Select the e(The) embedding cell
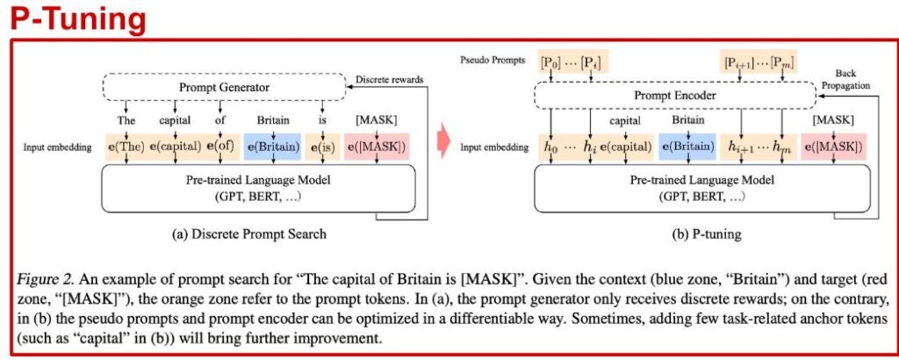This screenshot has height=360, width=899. click(126, 148)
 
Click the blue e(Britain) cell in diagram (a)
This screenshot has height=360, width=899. click(272, 148)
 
